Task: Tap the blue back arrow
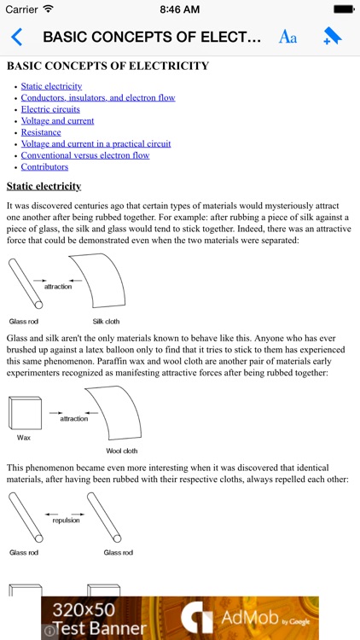coord(16,37)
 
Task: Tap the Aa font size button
coord(287,37)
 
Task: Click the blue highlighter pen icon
coord(332,37)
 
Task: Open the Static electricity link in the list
coord(51,86)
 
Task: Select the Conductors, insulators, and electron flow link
coord(98,98)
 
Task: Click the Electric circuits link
coord(50,109)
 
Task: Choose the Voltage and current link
coord(57,121)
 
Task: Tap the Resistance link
coord(41,132)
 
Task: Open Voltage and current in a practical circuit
coord(96,144)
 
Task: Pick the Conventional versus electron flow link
coord(84,155)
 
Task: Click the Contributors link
coord(44,167)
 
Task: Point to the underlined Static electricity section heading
coord(44,186)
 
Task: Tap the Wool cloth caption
coord(120,451)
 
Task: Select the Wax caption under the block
coord(24,437)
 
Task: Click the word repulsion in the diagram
coord(66,519)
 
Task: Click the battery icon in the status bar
coord(343,9)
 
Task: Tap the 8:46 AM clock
coord(179,9)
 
